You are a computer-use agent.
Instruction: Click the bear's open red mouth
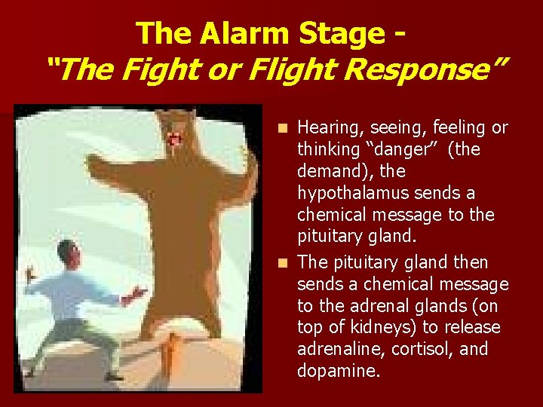pos(175,140)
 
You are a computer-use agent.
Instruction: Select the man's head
pos(69,252)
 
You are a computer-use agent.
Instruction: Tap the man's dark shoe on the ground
pos(113,376)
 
